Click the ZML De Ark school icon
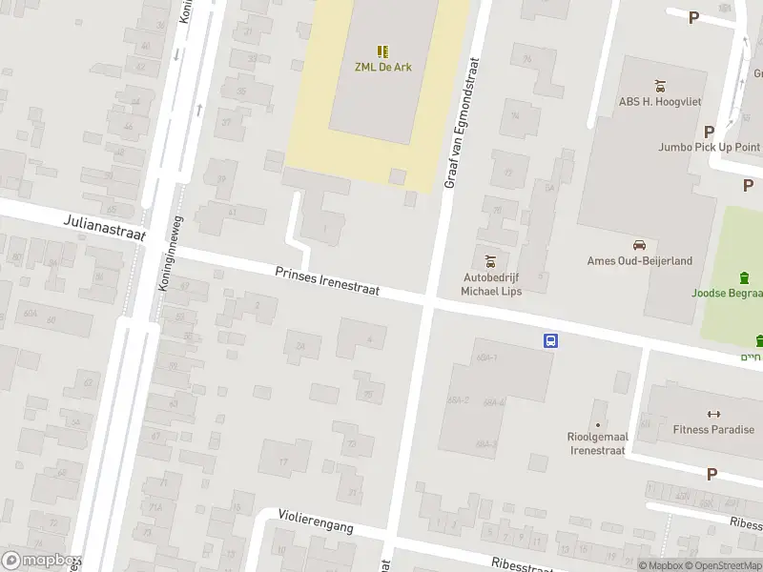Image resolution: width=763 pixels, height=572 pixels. pyautogui.click(x=381, y=51)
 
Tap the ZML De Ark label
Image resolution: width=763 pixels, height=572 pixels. pyautogui.click(x=381, y=68)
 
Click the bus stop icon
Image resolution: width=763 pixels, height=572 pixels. pyautogui.click(x=550, y=340)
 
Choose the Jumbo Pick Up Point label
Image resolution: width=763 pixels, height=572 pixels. pyautogui.click(x=709, y=147)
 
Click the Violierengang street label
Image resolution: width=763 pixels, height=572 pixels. pyautogui.click(x=316, y=520)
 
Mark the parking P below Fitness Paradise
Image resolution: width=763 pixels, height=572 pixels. pyautogui.click(x=711, y=474)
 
